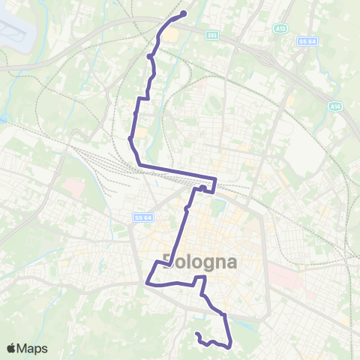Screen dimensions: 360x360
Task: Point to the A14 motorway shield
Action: click(x=335, y=107)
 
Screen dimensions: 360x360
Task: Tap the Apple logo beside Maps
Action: click(x=11, y=348)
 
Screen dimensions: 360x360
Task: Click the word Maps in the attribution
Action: click(x=32, y=348)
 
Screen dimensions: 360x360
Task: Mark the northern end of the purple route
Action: click(x=184, y=12)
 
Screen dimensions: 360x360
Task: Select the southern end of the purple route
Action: click(x=196, y=334)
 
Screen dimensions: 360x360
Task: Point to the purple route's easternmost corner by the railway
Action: click(x=215, y=180)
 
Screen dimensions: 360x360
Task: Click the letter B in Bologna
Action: click(x=169, y=263)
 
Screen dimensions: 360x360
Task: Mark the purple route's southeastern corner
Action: click(x=228, y=344)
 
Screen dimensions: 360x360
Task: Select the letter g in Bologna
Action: click(x=214, y=265)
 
